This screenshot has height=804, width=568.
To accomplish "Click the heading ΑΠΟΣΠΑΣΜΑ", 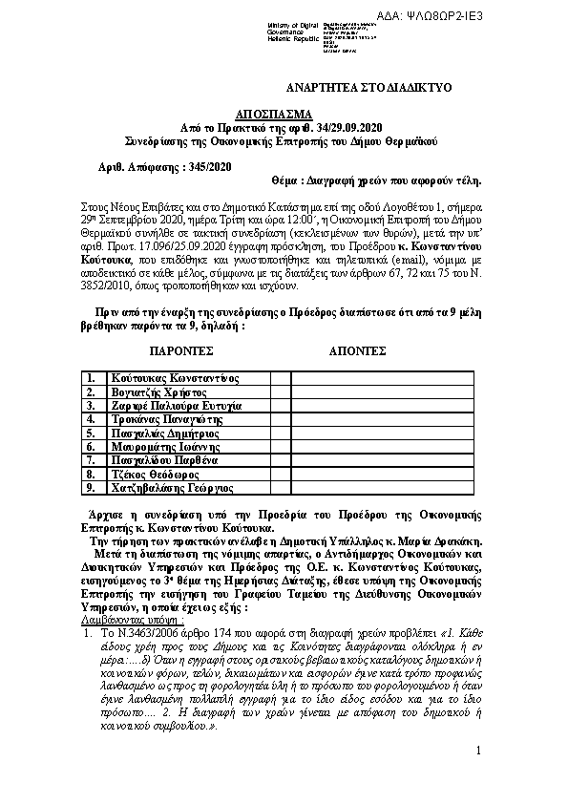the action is point(284,112).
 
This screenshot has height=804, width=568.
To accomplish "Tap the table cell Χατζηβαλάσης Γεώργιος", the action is point(172,487).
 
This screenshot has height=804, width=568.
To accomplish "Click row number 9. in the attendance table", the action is point(92,487).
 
